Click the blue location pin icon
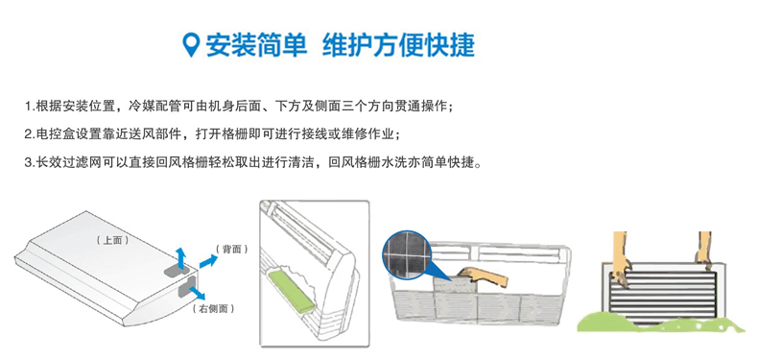click(192, 45)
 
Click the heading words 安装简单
click(257, 45)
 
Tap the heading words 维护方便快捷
click(398, 45)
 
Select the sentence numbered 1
click(239, 107)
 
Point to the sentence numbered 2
click(212, 134)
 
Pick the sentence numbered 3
click(253, 162)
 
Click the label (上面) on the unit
click(112, 240)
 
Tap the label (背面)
click(232, 250)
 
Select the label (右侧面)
click(213, 309)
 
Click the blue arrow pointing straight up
click(180, 257)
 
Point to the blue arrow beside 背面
click(208, 262)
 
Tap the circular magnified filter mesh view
click(407, 254)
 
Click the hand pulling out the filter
click(484, 276)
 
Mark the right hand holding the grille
click(703, 251)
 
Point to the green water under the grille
click(660, 323)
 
